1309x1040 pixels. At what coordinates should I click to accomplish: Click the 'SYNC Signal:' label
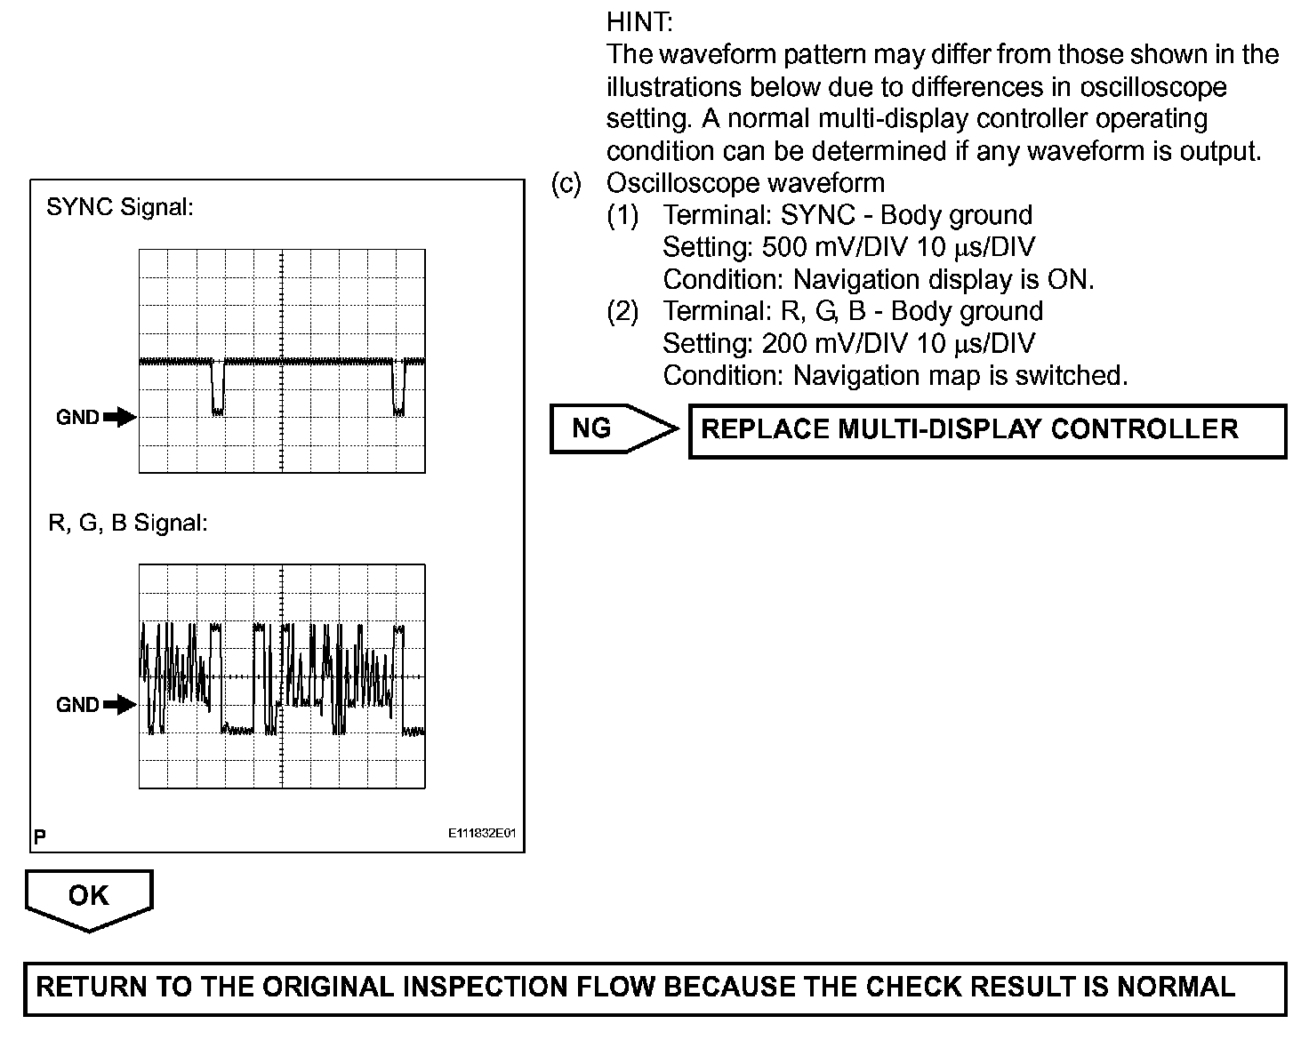(x=119, y=208)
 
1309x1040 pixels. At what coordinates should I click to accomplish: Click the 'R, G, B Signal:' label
(x=127, y=524)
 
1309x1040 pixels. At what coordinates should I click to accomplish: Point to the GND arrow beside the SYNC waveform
(x=119, y=417)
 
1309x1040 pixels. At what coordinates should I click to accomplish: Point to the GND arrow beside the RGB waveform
(x=119, y=705)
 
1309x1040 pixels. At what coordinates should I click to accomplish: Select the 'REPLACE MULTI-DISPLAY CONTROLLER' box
(x=987, y=430)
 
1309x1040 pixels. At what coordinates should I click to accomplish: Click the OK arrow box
(x=88, y=897)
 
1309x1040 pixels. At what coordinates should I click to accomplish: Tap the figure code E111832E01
(x=481, y=835)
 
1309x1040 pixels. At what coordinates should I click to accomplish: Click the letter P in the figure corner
(x=40, y=836)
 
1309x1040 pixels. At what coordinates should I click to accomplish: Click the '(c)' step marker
(x=566, y=183)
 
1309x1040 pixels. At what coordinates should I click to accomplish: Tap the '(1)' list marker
(x=622, y=215)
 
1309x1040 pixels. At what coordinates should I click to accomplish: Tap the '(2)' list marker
(x=622, y=311)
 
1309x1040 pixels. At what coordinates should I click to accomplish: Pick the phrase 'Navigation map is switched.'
(x=960, y=375)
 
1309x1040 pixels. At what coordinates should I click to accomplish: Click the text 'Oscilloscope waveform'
(x=745, y=183)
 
